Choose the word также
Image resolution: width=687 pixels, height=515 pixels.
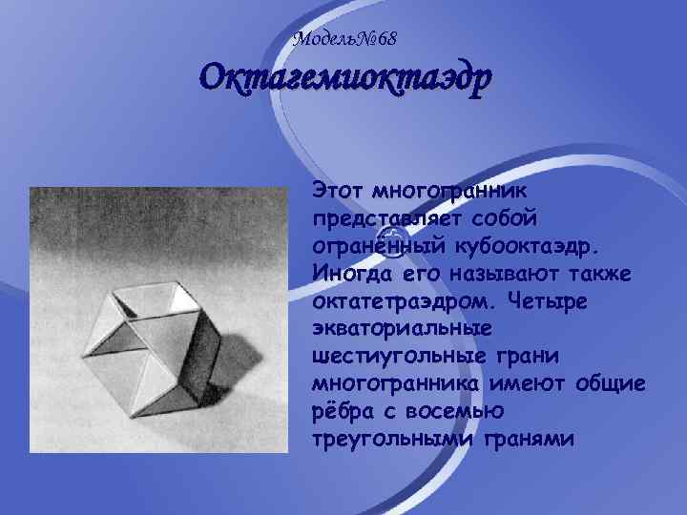(x=604, y=274)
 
